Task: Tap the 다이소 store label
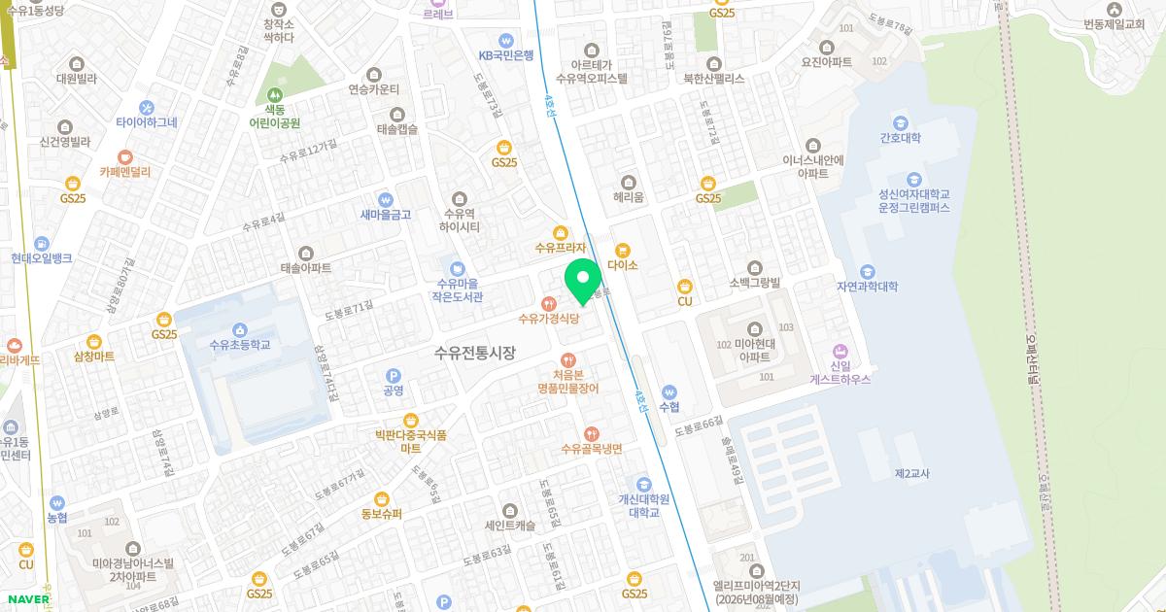[x=622, y=265]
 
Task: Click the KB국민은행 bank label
[x=506, y=55]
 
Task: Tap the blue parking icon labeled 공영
[x=394, y=375]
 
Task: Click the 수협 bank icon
[x=669, y=391]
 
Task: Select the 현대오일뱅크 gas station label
[x=42, y=258]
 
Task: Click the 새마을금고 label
[x=386, y=215]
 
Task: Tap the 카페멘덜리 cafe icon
[x=125, y=155]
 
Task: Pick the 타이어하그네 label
[x=147, y=122]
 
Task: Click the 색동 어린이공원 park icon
[x=275, y=95]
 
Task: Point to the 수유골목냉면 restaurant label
[x=591, y=449]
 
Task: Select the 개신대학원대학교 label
[x=644, y=505]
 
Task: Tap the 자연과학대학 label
[x=867, y=287]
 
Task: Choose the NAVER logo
[x=26, y=599]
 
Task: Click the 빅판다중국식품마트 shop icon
[x=410, y=420]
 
